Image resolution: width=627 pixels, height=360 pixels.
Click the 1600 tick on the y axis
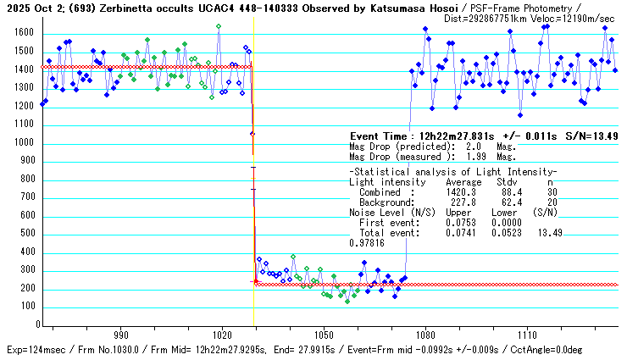(x=23, y=33)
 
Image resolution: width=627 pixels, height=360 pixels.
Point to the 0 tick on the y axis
(x=32, y=325)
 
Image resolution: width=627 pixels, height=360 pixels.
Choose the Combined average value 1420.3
(x=462, y=191)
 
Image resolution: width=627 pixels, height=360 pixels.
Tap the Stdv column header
(x=507, y=182)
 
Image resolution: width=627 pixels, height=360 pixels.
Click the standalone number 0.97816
(x=366, y=242)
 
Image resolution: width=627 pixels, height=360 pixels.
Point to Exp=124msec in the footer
(x=34, y=350)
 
